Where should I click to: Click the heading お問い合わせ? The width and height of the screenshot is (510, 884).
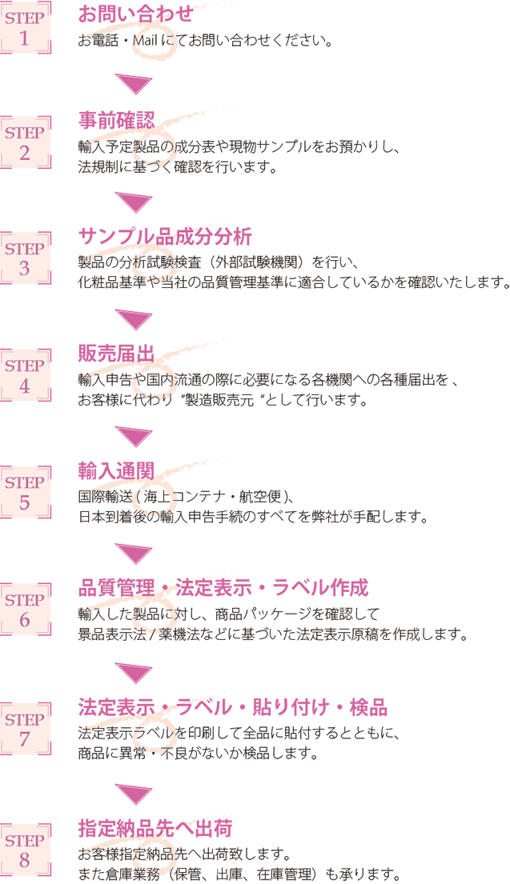click(x=135, y=14)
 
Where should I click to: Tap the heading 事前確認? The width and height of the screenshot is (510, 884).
click(x=116, y=120)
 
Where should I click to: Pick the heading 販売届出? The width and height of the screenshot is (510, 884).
click(x=116, y=353)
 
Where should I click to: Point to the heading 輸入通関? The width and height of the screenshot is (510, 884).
click(x=116, y=470)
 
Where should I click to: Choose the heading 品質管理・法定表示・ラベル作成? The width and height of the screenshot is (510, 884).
click(x=223, y=588)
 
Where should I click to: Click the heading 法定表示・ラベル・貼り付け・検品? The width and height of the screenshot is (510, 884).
click(x=233, y=706)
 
